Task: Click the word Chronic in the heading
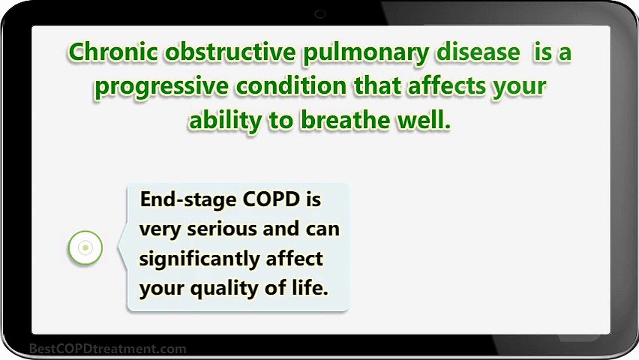113,52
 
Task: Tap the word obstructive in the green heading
230,52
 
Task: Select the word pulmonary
366,54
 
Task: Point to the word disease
478,52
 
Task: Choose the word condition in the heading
291,85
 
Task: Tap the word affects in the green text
446,85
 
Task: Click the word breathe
345,120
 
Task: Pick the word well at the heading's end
421,120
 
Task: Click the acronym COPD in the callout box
271,199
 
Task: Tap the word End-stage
188,201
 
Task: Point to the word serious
222,229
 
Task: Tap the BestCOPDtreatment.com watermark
108,349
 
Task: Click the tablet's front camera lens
320,14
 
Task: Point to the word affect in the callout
294,258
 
